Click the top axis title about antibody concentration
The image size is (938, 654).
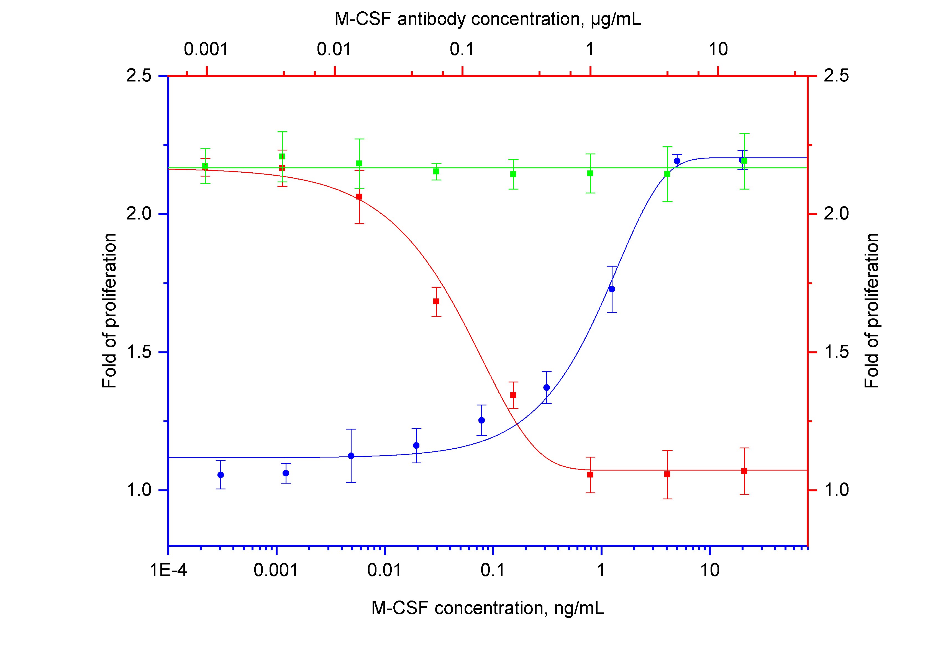(x=487, y=19)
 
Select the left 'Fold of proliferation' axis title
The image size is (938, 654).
(x=109, y=311)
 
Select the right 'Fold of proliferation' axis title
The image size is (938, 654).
(x=872, y=311)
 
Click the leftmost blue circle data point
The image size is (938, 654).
(x=221, y=474)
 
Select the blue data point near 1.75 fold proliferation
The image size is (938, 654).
(x=612, y=289)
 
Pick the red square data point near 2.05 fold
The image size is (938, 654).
(x=359, y=196)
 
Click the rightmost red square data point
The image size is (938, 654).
(x=744, y=471)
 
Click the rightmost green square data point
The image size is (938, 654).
(x=744, y=161)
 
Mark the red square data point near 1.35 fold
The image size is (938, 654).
(x=513, y=395)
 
